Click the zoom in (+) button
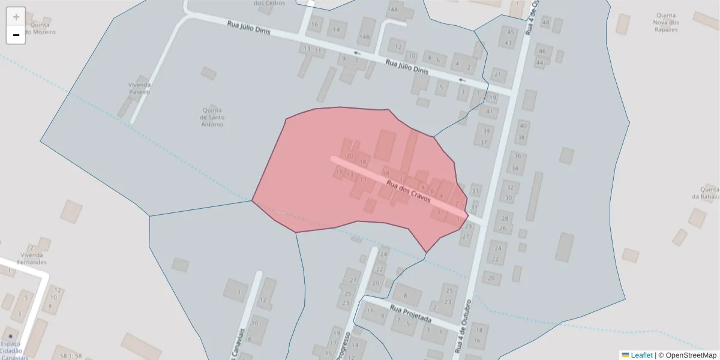click(16, 16)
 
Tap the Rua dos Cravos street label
click(409, 190)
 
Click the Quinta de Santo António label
click(212, 117)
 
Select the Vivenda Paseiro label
click(139, 88)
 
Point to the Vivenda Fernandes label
click(32, 259)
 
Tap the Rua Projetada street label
click(411, 314)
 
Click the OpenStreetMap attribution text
click(688, 355)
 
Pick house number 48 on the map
click(545, 22)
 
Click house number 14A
click(393, 10)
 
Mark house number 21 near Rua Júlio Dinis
click(497, 74)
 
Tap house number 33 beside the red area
click(476, 191)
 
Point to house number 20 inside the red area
click(350, 155)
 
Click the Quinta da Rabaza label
click(705, 193)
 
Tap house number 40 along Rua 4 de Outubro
click(522, 125)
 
